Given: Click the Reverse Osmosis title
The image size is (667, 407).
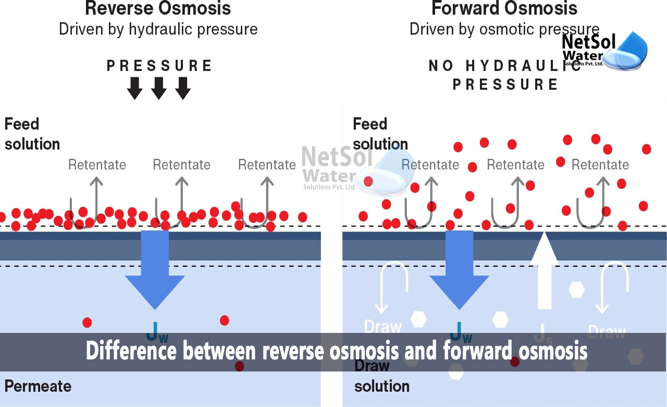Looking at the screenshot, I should click(158, 8).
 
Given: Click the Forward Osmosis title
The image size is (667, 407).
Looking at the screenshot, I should click(504, 8).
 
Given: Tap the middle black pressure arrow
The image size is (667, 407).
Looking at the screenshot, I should click(159, 88).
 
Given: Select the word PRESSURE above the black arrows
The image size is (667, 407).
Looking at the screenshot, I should click(159, 66).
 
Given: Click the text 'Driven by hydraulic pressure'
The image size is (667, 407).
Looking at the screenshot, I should click(158, 29).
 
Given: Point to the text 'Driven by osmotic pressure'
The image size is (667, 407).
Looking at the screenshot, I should click(504, 29).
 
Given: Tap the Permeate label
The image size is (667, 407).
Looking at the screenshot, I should click(38, 386).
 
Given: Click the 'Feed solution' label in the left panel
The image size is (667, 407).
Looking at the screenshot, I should click(32, 134).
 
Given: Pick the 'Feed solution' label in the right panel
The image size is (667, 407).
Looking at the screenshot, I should click(380, 134).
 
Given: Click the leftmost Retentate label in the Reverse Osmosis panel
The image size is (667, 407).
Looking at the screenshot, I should click(97, 165).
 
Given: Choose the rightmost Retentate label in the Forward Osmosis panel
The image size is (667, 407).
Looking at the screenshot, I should click(600, 165).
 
